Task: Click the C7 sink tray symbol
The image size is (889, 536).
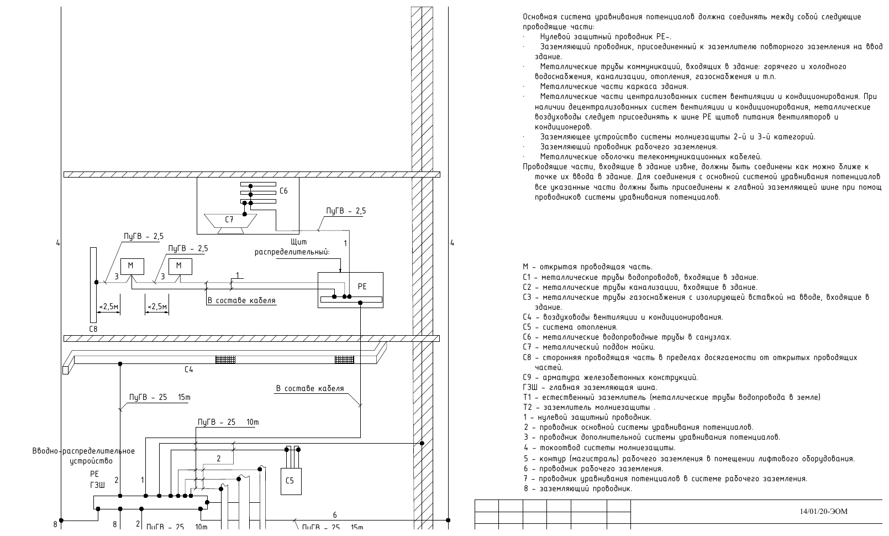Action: (230, 221)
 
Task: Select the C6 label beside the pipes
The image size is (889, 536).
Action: (283, 191)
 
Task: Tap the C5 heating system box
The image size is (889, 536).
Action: (291, 481)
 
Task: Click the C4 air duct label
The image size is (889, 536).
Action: (189, 370)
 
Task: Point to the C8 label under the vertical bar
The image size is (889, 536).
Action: (93, 329)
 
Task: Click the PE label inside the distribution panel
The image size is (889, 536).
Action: (362, 287)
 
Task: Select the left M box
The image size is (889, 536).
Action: (132, 267)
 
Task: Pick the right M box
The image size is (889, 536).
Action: (180, 267)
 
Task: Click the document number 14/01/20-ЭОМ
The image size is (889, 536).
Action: (823, 511)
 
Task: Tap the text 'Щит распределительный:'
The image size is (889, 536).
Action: (292, 247)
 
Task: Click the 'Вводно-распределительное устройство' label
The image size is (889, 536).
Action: (84, 456)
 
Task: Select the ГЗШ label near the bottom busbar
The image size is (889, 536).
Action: (98, 485)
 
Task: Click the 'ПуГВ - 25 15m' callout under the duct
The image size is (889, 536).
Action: (160, 397)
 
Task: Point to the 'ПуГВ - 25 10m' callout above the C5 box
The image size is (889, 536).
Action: (228, 422)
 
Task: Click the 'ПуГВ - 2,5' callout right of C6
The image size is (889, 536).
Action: (346, 211)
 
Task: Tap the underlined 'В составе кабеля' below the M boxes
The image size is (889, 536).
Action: (241, 301)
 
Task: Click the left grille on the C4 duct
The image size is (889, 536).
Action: (225, 360)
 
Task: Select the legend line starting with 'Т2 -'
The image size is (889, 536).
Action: (589, 407)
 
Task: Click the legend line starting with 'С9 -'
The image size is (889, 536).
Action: (611, 377)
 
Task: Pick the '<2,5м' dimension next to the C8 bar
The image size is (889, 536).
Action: (108, 307)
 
